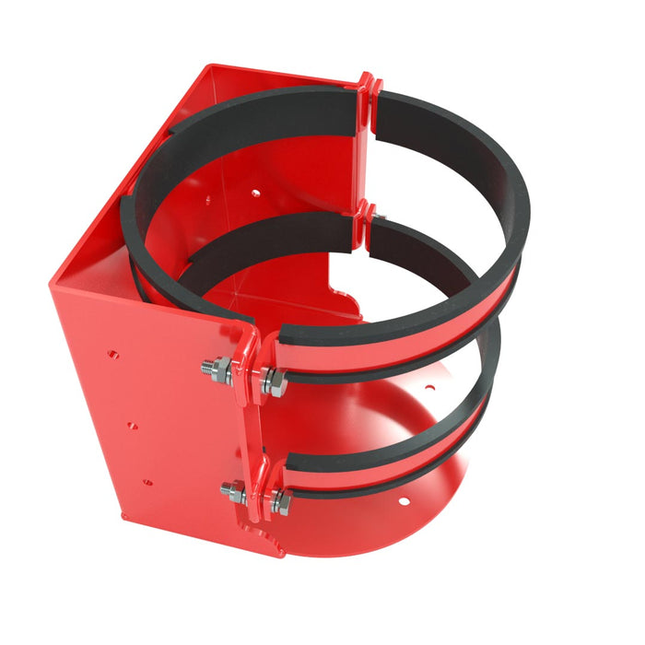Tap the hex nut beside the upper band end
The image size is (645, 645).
tap(275, 381)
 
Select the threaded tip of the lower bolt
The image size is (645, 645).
tap(226, 489)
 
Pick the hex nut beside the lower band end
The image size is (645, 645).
tap(280, 502)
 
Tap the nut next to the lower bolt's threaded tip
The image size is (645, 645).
tap(237, 493)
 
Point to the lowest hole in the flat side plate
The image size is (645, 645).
tap(146, 481)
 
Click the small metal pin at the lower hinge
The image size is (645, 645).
tap(381, 217)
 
